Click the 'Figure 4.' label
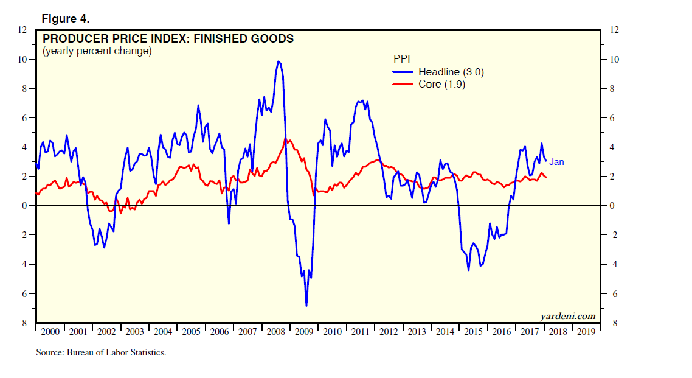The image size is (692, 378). (x=66, y=19)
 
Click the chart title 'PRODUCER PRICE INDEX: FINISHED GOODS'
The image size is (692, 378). (x=168, y=39)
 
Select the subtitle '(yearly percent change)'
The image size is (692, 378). (x=96, y=51)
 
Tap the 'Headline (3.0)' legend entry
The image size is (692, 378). (x=451, y=72)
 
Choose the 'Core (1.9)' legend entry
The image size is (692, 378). (x=442, y=84)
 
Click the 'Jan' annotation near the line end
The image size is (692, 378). (x=556, y=162)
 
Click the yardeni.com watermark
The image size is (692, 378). (x=567, y=315)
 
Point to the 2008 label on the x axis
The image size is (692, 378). (x=275, y=331)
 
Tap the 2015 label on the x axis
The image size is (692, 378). (x=472, y=331)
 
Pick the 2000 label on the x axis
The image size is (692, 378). (x=50, y=331)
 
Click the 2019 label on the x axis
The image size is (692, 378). (x=586, y=331)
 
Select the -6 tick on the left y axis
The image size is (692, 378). (x=23, y=294)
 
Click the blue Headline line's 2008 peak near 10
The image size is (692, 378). (x=278, y=61)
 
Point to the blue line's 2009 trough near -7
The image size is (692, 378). (x=306, y=305)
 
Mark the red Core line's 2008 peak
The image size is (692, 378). (x=286, y=139)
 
